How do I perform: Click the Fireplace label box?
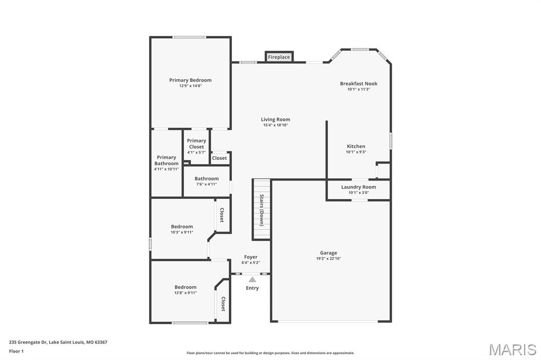(279, 57)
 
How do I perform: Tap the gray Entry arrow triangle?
(253, 280)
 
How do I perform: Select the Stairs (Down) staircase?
(262, 210)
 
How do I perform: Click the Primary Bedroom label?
(190, 80)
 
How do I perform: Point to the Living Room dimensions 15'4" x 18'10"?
(275, 125)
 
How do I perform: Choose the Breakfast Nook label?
(359, 83)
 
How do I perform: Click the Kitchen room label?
(356, 146)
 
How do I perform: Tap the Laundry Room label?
(359, 187)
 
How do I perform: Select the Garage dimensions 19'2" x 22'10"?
(329, 258)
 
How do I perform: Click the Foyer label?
(251, 257)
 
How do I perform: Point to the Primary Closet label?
(197, 144)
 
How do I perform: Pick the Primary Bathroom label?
(166, 160)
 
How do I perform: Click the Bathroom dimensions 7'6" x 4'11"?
(207, 184)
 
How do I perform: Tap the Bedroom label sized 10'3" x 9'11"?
(182, 226)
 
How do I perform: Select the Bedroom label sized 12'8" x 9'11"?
(185, 287)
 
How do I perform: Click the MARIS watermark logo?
(512, 349)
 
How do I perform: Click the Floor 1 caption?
(16, 352)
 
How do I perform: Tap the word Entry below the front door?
(252, 288)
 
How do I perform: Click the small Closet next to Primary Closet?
(219, 158)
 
